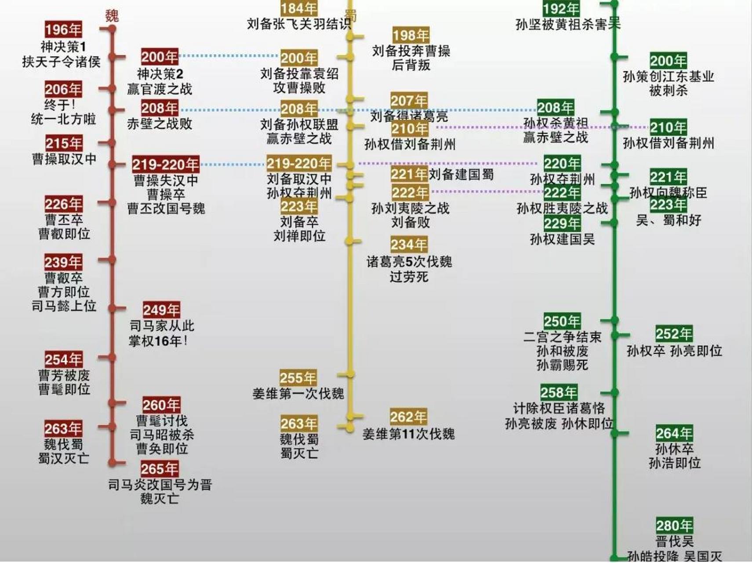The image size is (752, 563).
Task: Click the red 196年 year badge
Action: pyautogui.click(x=63, y=29)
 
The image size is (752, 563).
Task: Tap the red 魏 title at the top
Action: pyautogui.click(x=112, y=16)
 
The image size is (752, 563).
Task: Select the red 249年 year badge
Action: pyautogui.click(x=161, y=310)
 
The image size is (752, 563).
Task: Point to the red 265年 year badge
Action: pyautogui.click(x=160, y=469)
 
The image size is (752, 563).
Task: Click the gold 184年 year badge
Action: pyautogui.click(x=299, y=8)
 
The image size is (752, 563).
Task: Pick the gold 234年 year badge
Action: pyautogui.click(x=409, y=245)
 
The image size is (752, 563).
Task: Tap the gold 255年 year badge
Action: pyautogui.click(x=298, y=377)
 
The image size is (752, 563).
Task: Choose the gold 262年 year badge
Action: pyautogui.click(x=408, y=417)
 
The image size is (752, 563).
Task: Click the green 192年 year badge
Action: pyautogui.click(x=561, y=8)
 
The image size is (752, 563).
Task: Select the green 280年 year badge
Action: pyautogui.click(x=674, y=525)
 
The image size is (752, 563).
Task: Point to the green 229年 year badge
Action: pyautogui.click(x=562, y=223)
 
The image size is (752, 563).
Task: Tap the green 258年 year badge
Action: pyautogui.click(x=559, y=392)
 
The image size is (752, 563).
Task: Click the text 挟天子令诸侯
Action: pyautogui.click(x=62, y=62)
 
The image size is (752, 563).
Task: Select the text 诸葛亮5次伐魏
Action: pyautogui.click(x=409, y=262)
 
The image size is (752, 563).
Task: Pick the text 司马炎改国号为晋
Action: pyautogui.click(x=160, y=485)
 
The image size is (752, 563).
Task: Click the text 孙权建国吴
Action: pyautogui.click(x=562, y=239)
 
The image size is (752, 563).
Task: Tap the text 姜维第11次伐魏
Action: pyautogui.click(x=408, y=434)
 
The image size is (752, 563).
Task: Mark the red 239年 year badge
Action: pyautogui.click(x=63, y=262)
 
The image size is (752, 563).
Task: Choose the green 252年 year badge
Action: pyautogui.click(x=674, y=334)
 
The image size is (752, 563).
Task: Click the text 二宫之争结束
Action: pyautogui.click(x=562, y=337)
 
